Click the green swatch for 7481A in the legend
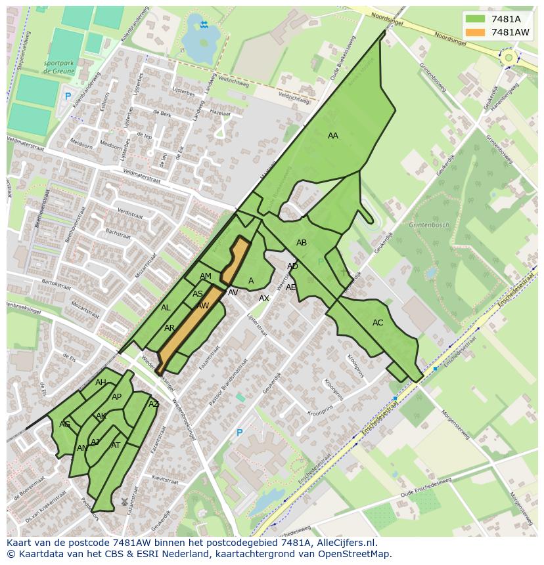476,20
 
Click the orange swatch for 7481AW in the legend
476,32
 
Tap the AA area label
333,136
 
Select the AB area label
302,243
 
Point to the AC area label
378,323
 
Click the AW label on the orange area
203,306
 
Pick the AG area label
64,425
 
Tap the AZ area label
154,404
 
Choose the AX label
264,299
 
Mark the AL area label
166,308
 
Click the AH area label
101,383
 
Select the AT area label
116,446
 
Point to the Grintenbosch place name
429,225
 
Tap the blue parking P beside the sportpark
67,96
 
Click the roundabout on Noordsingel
508,58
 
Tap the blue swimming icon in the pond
204,25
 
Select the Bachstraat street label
118,232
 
